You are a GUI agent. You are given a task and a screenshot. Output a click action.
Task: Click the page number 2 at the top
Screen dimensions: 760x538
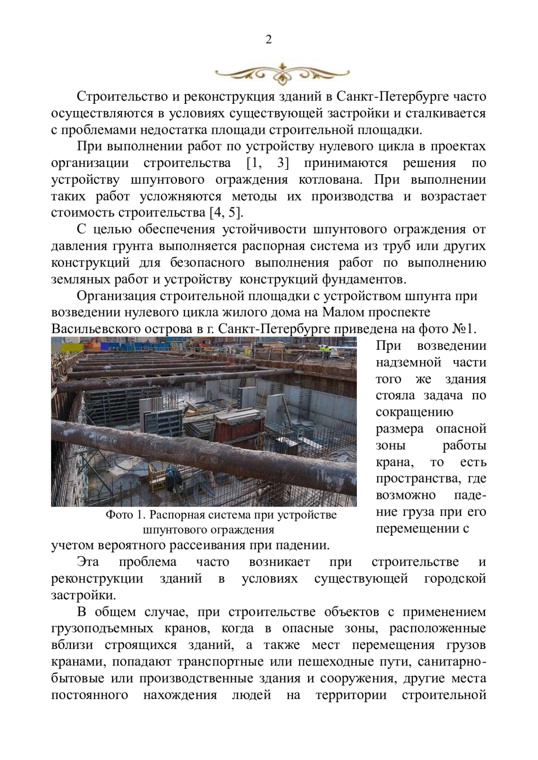click(269, 40)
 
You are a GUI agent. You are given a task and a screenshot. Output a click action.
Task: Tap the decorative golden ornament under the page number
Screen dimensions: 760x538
click(282, 71)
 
